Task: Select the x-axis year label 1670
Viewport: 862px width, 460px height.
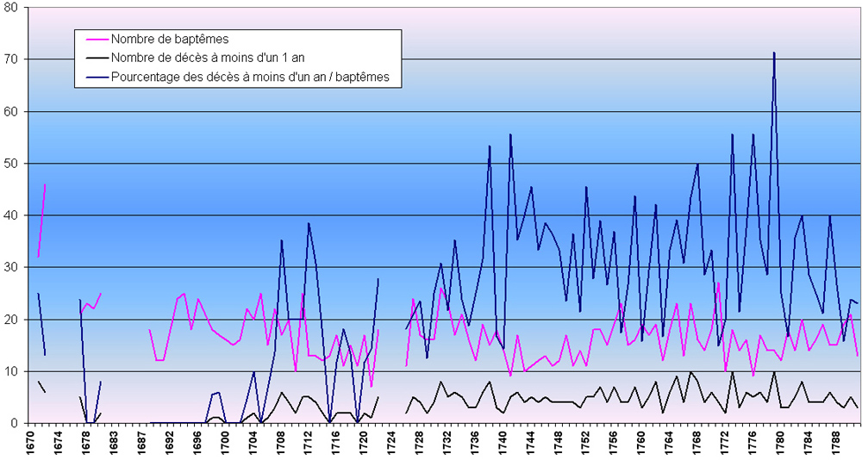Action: pyautogui.click(x=31, y=441)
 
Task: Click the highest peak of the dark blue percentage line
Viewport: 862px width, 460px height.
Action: pyautogui.click(x=774, y=53)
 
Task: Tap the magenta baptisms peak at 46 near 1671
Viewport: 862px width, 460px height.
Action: pyautogui.click(x=45, y=184)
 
